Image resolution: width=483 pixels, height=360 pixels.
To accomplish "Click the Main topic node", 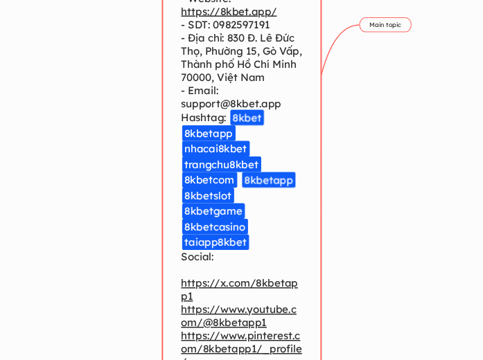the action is [385, 25].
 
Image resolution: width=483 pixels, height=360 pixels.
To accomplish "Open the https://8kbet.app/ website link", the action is [229, 12].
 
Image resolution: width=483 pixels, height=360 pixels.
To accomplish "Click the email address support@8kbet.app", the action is [231, 104].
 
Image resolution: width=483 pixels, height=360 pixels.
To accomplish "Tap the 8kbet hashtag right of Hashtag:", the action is [247, 118].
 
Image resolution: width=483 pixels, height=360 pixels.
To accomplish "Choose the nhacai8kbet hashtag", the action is [216, 149].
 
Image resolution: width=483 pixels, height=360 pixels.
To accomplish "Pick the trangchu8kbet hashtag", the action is [221, 165].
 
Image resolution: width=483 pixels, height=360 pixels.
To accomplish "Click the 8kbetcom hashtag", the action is [209, 180].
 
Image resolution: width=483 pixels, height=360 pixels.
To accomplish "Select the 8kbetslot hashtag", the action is [208, 196].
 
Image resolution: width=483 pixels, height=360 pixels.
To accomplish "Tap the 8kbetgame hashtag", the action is [213, 211].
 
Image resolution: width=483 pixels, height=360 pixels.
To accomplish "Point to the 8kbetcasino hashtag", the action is [215, 227].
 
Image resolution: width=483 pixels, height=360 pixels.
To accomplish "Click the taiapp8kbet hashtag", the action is [216, 242].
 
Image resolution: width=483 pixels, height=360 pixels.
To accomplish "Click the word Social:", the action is [197, 257].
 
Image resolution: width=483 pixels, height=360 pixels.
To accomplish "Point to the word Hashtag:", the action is [204, 118].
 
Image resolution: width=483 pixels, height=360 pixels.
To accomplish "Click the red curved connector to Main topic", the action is [331, 45].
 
